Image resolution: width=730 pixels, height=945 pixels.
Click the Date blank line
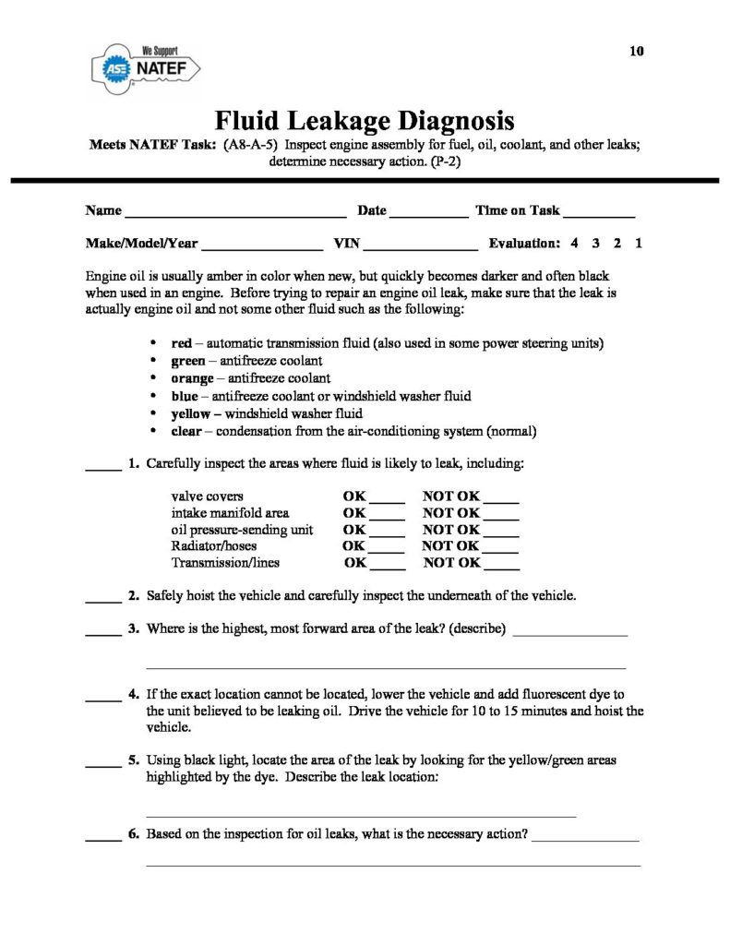click(x=429, y=215)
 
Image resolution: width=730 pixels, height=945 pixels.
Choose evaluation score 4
click(x=574, y=245)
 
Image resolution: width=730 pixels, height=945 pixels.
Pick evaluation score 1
click(x=639, y=245)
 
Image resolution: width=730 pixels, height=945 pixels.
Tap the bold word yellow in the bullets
click(x=191, y=413)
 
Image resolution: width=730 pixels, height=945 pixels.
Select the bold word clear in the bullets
click(x=187, y=431)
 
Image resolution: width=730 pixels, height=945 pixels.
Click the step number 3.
click(x=134, y=629)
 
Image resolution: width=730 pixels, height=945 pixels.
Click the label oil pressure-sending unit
click(x=243, y=530)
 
